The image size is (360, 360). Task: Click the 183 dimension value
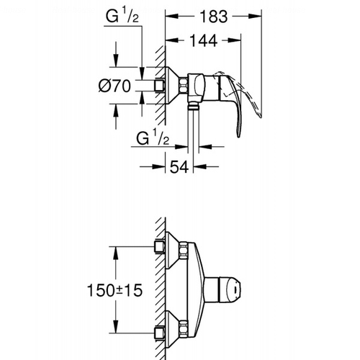[214, 17]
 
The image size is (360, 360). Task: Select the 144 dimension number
[204, 40]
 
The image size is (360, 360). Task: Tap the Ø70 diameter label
[114, 86]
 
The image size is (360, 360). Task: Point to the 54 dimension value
[179, 166]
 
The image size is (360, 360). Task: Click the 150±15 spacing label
[114, 290]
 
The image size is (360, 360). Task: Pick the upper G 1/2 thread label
[122, 16]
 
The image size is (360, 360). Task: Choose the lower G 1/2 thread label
[153, 138]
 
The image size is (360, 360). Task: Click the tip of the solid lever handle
[238, 137]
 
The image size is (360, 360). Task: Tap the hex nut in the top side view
[184, 85]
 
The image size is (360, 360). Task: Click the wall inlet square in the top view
[159, 85]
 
